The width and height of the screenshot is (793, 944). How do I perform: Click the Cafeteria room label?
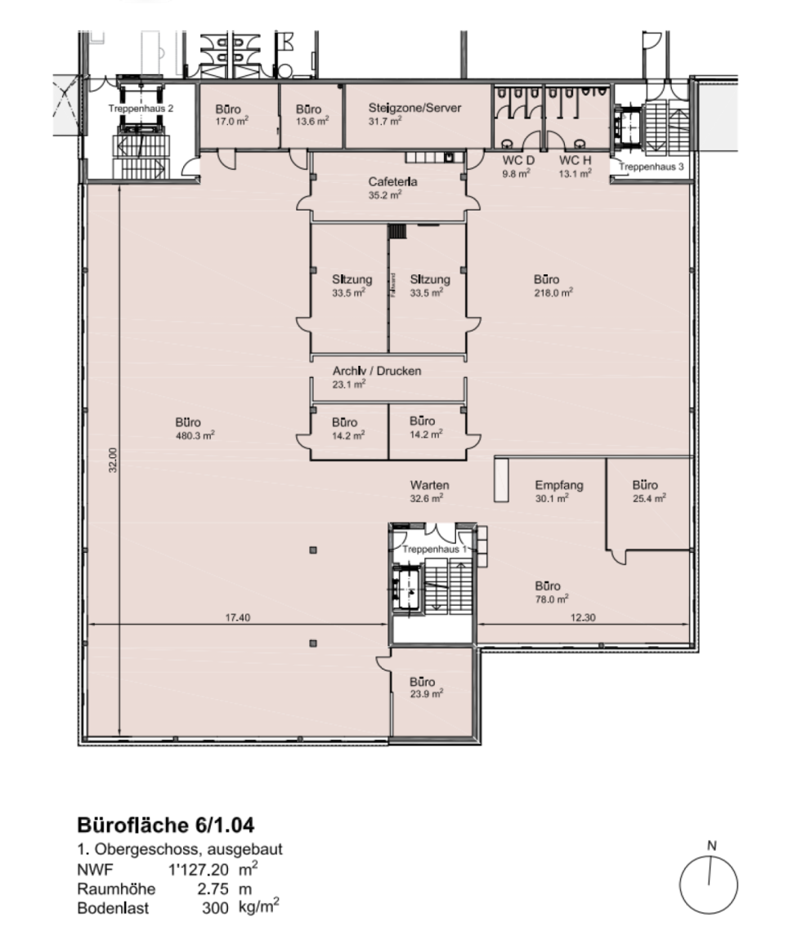(x=393, y=181)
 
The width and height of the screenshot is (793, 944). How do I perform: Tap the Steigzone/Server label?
(x=414, y=108)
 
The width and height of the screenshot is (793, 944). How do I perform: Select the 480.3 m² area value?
(x=195, y=435)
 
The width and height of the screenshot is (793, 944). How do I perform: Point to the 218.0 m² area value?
(x=553, y=292)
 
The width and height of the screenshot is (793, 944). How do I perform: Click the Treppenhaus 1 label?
(x=434, y=549)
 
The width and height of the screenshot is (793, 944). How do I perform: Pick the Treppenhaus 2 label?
(x=141, y=109)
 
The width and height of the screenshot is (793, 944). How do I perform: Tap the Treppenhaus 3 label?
(x=652, y=166)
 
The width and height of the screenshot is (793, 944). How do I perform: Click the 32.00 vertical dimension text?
(x=114, y=460)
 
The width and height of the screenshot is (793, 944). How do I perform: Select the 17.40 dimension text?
(x=237, y=617)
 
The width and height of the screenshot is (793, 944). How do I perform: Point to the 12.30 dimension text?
(x=583, y=617)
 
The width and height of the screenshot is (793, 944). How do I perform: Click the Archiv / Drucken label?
(x=377, y=371)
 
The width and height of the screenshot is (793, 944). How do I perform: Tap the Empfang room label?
(x=559, y=485)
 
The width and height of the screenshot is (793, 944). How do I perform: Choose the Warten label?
(x=430, y=484)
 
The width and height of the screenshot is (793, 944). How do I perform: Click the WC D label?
(x=518, y=160)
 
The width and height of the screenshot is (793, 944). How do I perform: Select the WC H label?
(x=575, y=160)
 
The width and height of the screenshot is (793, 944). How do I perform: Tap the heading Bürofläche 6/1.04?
(x=166, y=824)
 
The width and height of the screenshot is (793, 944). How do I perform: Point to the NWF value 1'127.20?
(x=199, y=870)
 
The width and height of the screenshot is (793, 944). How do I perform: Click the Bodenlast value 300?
(x=215, y=908)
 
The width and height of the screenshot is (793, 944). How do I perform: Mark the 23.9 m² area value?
(x=427, y=694)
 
